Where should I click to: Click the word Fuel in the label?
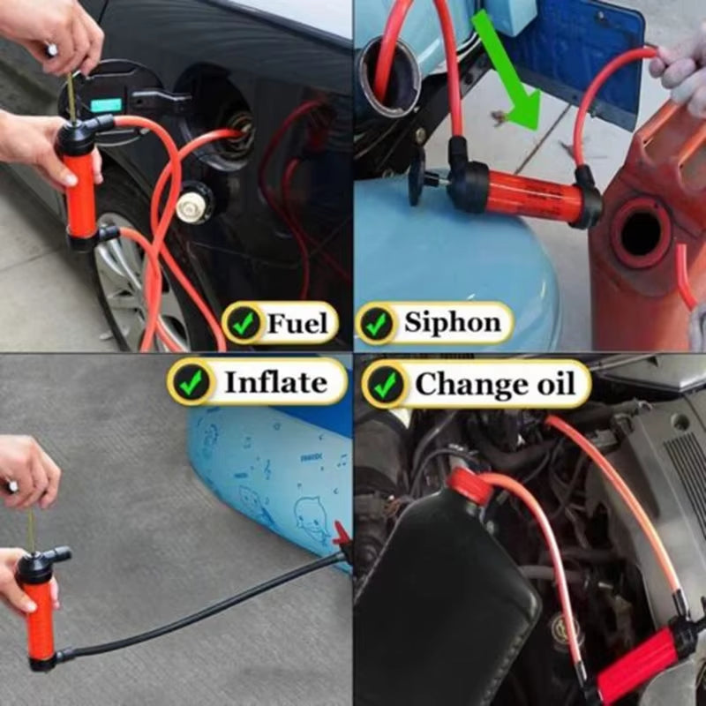(x=297, y=324)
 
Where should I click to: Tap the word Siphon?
(x=453, y=323)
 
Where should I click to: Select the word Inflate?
(x=274, y=382)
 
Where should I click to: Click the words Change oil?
(x=494, y=384)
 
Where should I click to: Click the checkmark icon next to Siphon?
(x=378, y=324)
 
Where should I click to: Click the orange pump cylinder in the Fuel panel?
(x=80, y=194)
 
